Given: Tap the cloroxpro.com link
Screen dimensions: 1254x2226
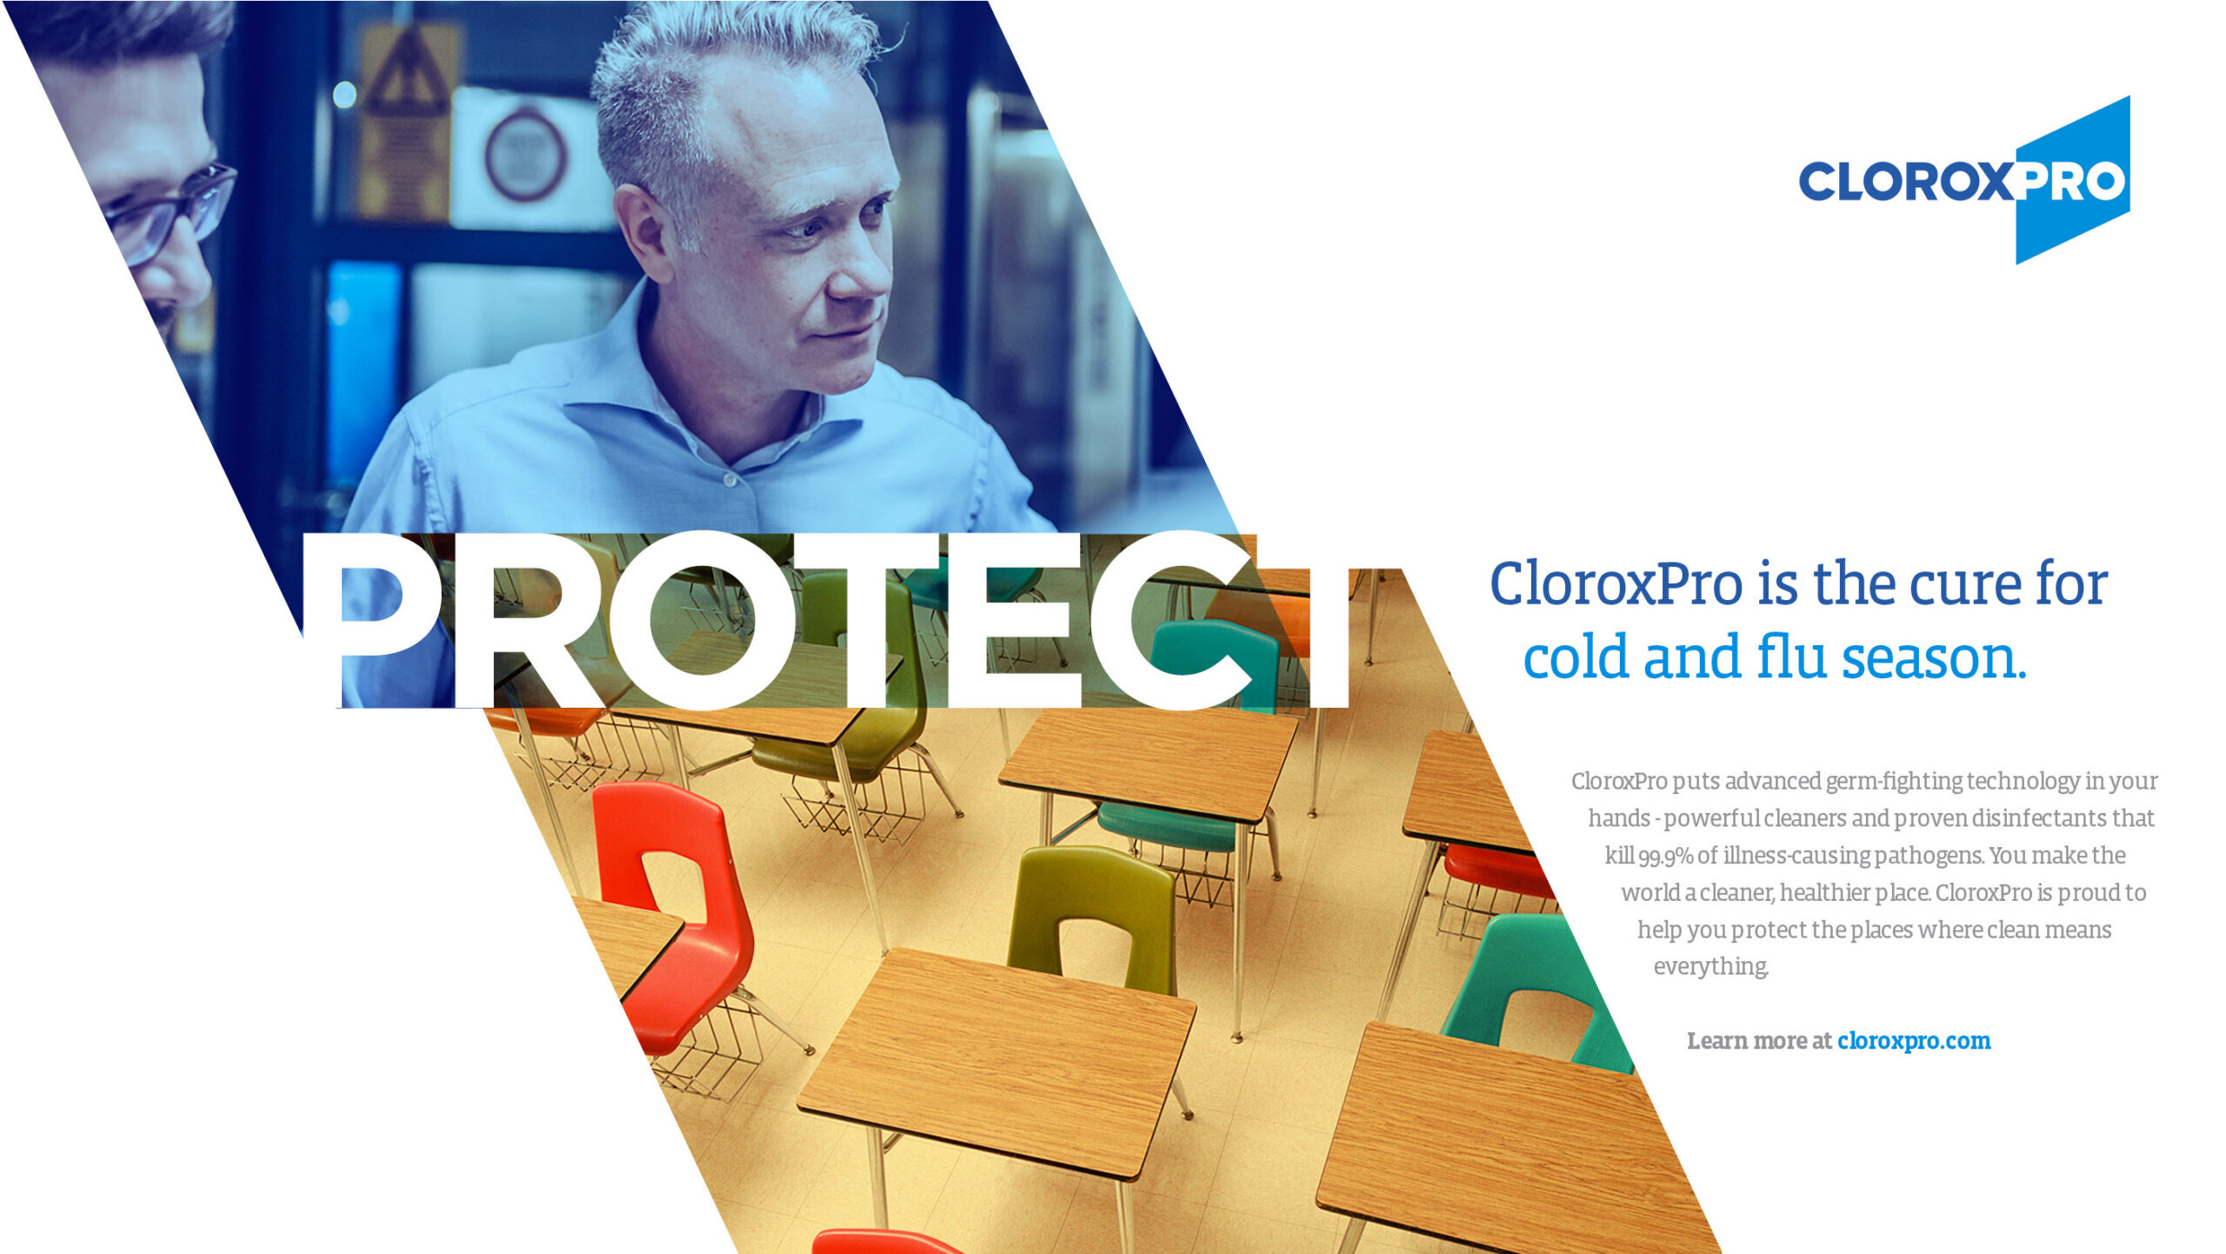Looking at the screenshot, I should point(1913,1041).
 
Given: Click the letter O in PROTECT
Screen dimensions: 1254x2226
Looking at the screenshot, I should point(703,619).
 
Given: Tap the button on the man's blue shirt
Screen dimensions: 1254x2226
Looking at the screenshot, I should point(730,479).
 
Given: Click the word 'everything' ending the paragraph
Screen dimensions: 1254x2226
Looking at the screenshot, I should point(1710,967).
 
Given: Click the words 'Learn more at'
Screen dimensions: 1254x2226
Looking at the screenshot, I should point(1758,1041).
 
